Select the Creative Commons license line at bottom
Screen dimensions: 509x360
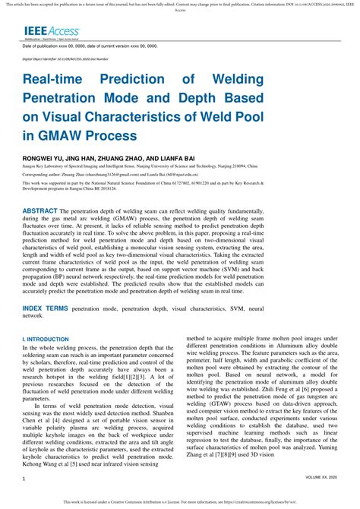[180, 501]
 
